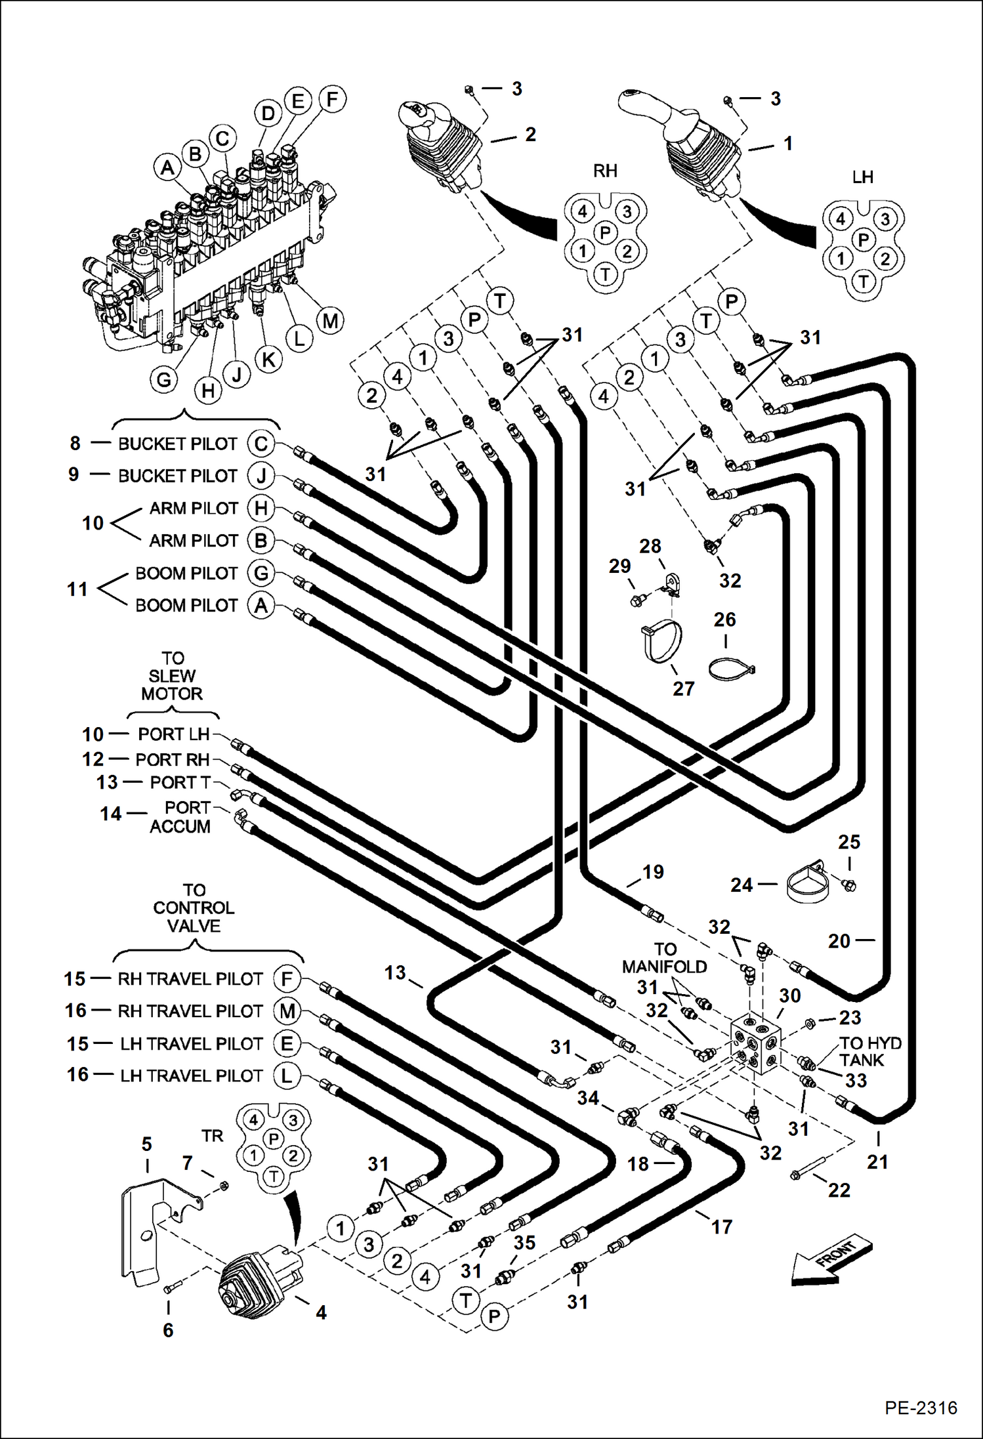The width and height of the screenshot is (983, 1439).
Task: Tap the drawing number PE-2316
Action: tap(920, 1408)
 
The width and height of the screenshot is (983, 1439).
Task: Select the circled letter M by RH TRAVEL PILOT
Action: tap(287, 1011)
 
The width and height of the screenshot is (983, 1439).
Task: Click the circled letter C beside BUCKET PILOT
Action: tap(261, 444)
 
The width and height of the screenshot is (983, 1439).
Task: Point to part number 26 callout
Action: tap(724, 619)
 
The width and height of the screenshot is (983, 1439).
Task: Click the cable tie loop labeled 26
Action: tap(731, 669)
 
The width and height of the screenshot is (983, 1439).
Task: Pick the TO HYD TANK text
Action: tap(870, 1051)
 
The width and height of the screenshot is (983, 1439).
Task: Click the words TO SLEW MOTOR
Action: tap(172, 676)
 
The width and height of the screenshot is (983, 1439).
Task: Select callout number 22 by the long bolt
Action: tap(839, 1190)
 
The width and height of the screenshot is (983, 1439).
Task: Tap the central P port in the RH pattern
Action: tap(605, 232)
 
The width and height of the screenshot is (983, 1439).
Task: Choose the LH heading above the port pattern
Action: tap(862, 177)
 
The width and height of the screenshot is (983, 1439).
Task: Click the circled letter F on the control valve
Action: tap(332, 100)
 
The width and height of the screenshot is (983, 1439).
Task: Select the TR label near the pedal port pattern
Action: tap(212, 1136)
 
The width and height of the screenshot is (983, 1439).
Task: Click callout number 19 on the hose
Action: tap(652, 872)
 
